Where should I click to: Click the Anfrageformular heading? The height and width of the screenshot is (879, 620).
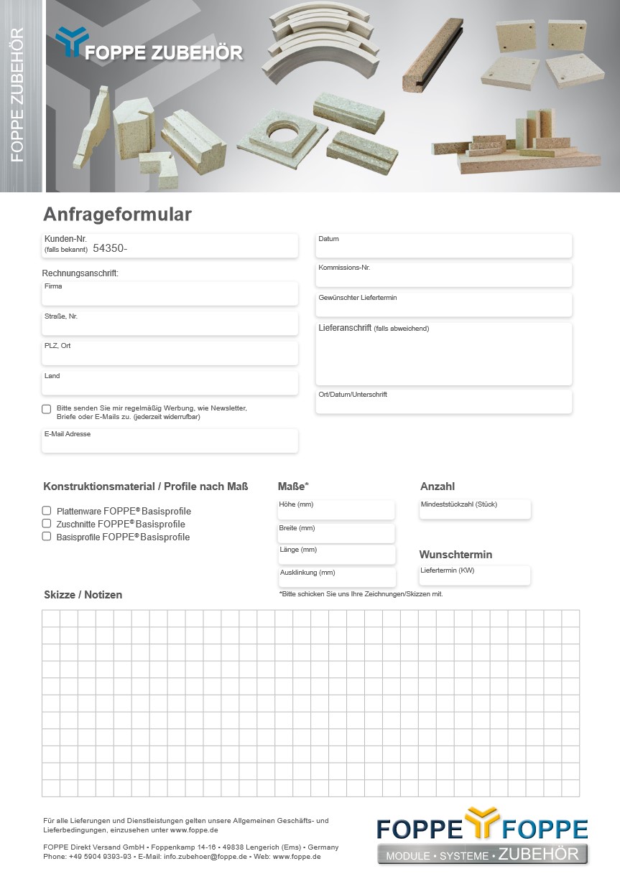[x=117, y=215]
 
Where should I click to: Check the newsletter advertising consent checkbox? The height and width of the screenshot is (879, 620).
[x=47, y=409]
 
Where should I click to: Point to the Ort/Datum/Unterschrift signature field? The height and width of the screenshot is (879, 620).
[x=444, y=403]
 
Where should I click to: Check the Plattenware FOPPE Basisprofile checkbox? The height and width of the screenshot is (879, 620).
[x=47, y=511]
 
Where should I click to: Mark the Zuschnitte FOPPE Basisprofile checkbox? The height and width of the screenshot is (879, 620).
[x=47, y=524]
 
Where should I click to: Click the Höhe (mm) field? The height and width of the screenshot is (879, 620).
[x=336, y=510]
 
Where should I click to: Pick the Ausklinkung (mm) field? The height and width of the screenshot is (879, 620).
[x=337, y=578]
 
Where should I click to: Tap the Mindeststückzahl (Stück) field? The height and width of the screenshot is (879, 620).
[x=475, y=509]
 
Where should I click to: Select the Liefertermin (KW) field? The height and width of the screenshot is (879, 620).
[x=475, y=575]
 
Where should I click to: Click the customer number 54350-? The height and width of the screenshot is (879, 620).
[x=110, y=248]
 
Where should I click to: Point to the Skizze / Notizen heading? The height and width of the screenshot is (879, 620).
[x=83, y=595]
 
